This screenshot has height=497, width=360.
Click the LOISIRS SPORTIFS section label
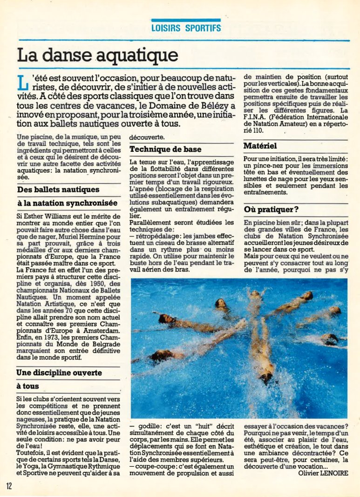coord(186,28)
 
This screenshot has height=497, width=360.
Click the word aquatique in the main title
coord(141,55)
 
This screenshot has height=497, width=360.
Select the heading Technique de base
coord(165,150)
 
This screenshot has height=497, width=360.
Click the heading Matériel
coord(260,146)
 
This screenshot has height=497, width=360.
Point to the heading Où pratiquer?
coord(271,210)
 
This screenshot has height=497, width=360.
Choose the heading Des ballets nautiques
coord(58,190)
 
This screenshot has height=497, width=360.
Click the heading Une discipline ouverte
coord(59,373)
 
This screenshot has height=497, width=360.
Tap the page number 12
coord(9,485)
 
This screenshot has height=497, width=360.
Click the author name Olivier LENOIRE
coord(323,473)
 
